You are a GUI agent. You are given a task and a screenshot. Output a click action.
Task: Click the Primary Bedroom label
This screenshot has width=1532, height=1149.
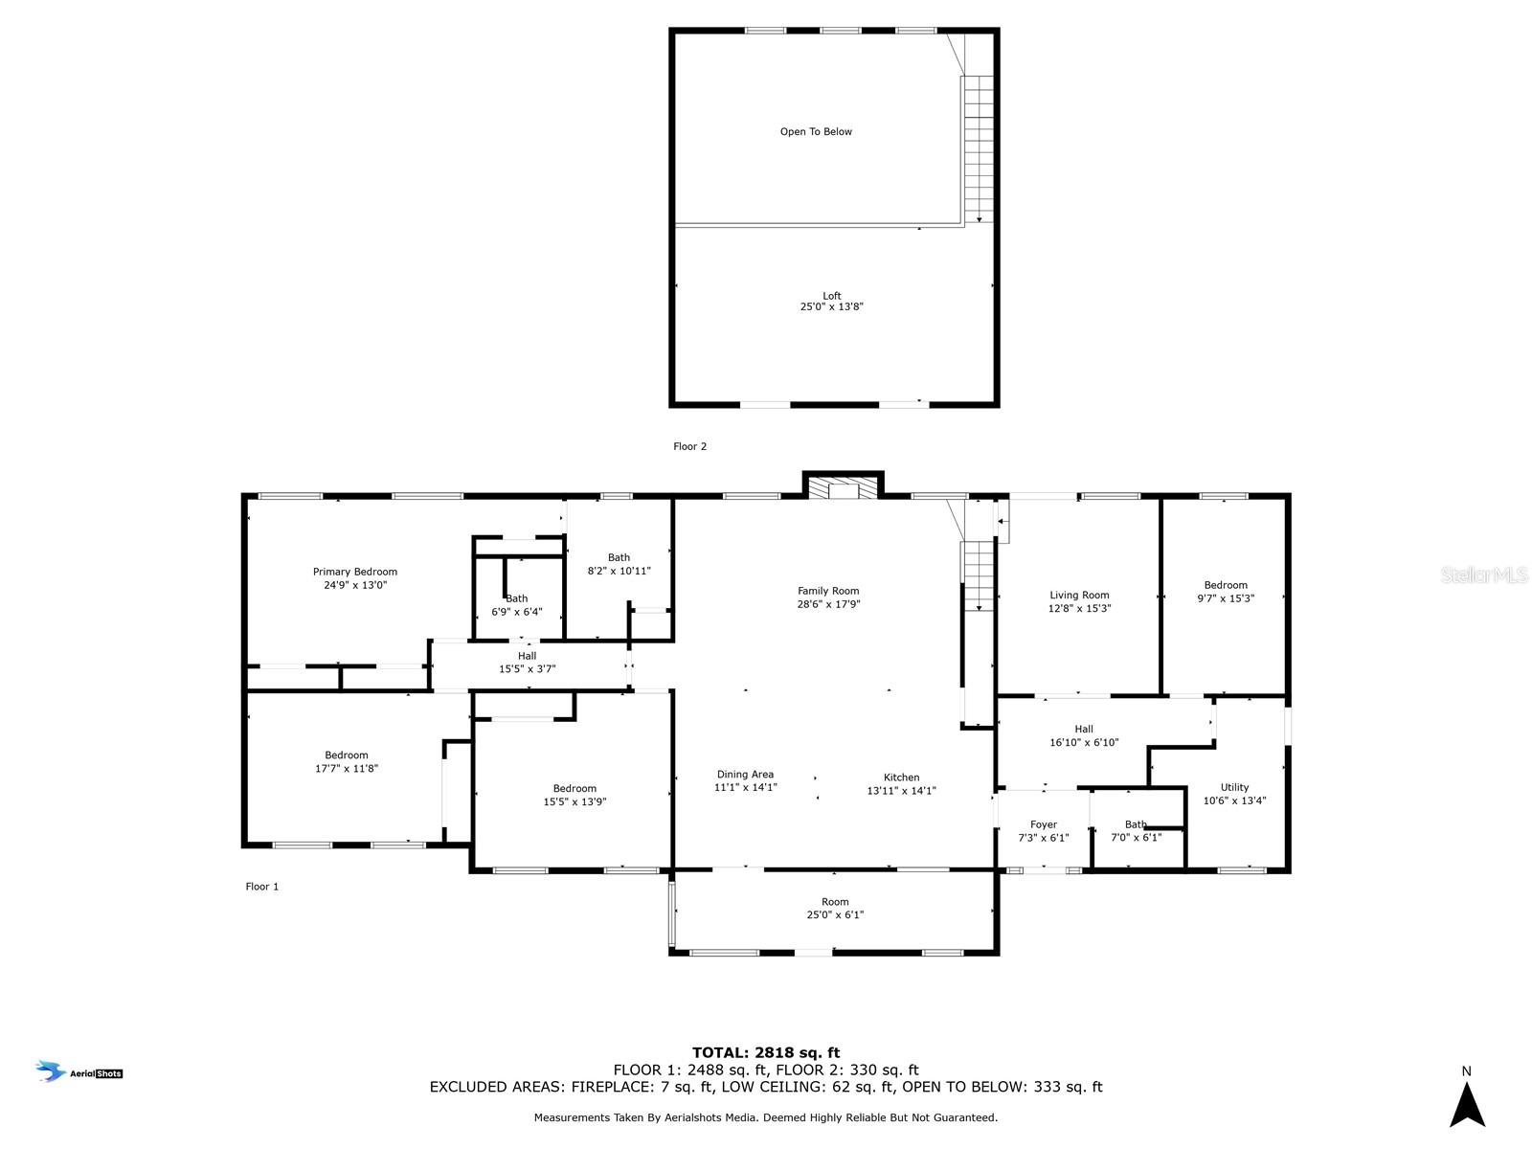355,573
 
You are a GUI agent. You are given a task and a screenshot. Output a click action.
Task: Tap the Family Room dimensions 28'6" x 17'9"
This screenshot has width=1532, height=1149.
828,604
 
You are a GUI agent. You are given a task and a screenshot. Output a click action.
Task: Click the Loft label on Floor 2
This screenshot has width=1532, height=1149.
832,296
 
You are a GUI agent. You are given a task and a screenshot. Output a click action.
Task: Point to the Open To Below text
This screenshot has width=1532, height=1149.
816,132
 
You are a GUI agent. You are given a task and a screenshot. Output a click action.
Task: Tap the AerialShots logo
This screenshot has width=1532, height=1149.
79,1072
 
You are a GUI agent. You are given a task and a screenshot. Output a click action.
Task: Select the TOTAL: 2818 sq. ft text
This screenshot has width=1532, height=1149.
766,1052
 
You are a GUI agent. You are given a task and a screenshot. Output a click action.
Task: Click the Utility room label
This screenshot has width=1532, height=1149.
1234,788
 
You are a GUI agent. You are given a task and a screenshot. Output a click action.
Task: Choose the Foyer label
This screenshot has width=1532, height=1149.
1044,824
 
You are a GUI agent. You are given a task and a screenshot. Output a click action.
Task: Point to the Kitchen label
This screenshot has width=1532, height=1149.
901,777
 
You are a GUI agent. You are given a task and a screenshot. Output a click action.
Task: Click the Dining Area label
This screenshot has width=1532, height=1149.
745,775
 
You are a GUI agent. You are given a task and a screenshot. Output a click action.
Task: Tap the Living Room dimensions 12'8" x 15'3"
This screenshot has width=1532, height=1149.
1079,608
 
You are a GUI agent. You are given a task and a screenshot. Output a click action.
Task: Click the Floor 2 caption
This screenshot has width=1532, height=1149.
689,446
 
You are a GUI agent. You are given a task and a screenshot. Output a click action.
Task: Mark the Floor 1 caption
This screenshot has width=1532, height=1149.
262,887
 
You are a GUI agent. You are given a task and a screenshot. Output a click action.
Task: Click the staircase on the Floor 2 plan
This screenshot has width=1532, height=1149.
979,148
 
